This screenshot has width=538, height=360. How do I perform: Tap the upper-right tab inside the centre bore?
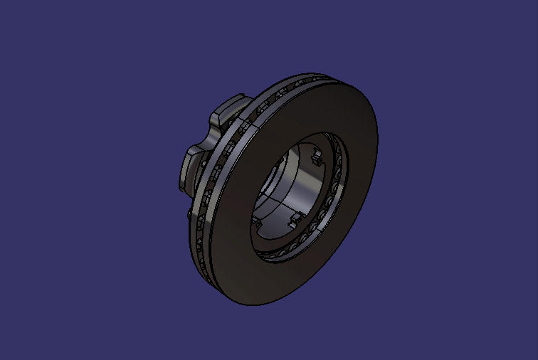pyautogui.click(x=315, y=157)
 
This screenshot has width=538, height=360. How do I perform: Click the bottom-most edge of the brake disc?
pyautogui.click(x=249, y=305)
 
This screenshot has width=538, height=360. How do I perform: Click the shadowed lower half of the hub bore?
pyautogui.click(x=274, y=213)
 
